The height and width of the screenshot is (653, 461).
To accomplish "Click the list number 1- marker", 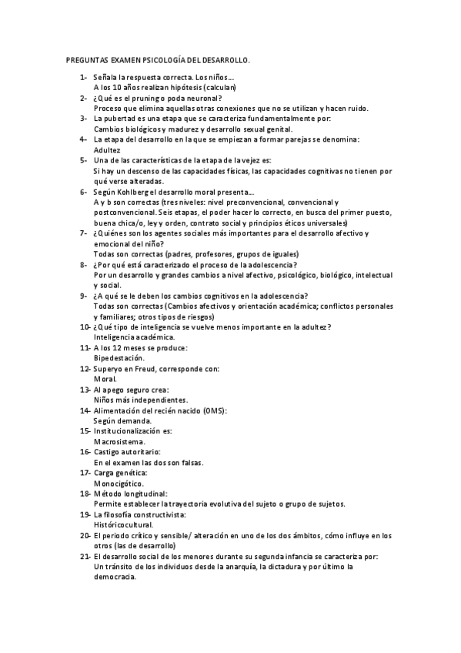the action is pyautogui.click(x=82, y=79).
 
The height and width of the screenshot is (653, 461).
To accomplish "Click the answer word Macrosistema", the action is pyautogui.click(x=119, y=442).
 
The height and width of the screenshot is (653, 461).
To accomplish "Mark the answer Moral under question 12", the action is pyautogui.click(x=105, y=379).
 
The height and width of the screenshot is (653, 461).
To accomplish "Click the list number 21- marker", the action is pyautogui.click(x=83, y=556).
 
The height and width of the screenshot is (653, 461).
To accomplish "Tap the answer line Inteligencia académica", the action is pyautogui.click(x=134, y=337).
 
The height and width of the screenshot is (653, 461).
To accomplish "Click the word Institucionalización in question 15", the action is pyautogui.click(x=127, y=431).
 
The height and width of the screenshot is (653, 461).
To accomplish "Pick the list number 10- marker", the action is pyautogui.click(x=83, y=326).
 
